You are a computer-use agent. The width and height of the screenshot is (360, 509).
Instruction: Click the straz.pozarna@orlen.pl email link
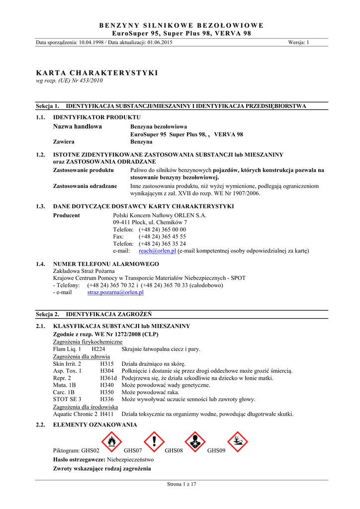[115, 293]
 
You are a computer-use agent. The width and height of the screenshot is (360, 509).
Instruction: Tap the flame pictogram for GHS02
[111, 440]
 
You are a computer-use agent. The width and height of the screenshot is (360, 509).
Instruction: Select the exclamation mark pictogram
[154, 440]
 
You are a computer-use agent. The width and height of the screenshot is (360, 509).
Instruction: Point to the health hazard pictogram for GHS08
[195, 440]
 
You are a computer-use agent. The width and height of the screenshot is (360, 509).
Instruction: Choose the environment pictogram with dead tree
[237, 440]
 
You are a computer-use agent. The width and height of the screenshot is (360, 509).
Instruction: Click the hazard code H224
[98, 349]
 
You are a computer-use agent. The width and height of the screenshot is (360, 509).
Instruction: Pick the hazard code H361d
[108, 378]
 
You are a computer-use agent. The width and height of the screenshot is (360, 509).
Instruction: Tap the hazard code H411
[107, 414]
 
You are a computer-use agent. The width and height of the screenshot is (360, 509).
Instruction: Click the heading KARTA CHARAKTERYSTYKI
[97, 73]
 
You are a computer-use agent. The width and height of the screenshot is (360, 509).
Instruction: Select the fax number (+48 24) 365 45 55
[162, 237]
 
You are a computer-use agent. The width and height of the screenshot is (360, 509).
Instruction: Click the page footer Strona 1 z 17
[182, 484]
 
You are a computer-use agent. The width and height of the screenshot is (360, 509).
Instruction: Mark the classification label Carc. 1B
[65, 392]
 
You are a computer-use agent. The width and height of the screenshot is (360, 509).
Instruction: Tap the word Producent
[66, 215]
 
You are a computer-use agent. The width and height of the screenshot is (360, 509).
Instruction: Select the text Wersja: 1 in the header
[298, 43]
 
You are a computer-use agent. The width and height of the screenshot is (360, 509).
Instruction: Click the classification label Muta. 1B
[65, 385]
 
